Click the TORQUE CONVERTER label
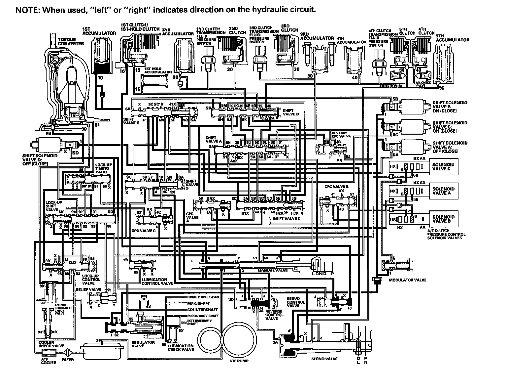point(71,41)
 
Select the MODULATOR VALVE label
point(407,280)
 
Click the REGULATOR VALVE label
point(143,344)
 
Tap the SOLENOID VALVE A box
point(443,191)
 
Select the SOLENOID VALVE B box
point(443,219)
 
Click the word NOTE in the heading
point(26,10)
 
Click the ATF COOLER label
point(49,361)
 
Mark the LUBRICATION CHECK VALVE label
point(181,347)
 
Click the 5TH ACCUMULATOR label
point(452,38)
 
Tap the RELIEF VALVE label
point(88,289)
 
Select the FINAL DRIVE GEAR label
point(203,297)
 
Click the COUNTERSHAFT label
point(202,310)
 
